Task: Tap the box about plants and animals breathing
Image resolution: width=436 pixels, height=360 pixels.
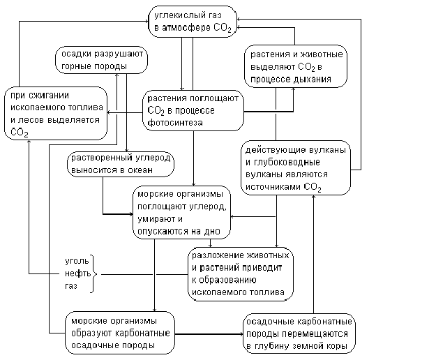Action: [296, 67]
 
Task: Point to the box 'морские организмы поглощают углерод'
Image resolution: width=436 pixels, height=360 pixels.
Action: [181, 210]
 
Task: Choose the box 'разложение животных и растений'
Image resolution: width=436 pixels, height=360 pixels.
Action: [240, 273]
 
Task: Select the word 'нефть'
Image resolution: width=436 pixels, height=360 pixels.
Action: [76, 273]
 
